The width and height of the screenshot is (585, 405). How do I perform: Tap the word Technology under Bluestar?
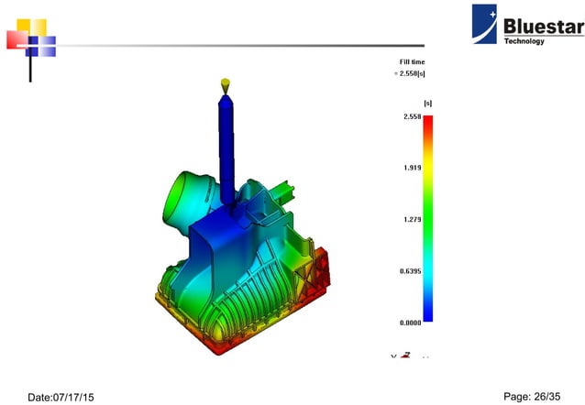(x=524, y=41)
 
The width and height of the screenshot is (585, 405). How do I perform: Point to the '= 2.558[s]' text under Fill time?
(x=410, y=72)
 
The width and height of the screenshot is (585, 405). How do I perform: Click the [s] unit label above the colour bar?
(x=427, y=103)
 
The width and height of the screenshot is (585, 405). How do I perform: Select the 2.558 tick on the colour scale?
(x=412, y=117)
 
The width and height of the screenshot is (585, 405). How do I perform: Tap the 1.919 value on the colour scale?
(x=412, y=169)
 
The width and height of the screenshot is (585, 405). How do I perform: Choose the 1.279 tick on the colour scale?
(x=412, y=220)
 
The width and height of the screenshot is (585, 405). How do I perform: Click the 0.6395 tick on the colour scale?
(x=410, y=271)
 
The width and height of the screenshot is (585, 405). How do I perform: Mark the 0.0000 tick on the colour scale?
(x=410, y=323)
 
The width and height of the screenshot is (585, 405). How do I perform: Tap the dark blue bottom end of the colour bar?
(x=428, y=317)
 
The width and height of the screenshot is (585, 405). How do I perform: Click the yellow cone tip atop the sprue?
(x=225, y=84)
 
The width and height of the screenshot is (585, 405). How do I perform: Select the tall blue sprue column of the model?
(x=226, y=147)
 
